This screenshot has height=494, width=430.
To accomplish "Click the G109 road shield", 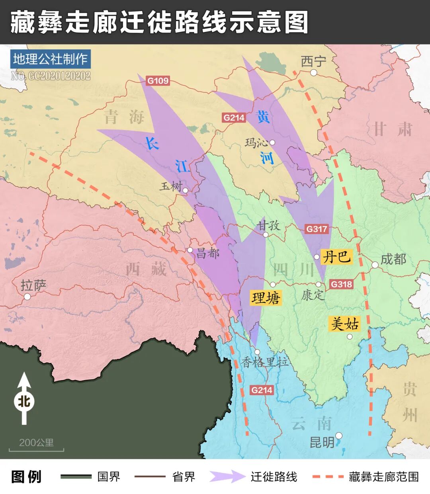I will tap(158, 81).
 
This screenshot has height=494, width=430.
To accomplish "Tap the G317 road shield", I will tap(317, 229).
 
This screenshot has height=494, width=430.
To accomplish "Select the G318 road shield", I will tap(342, 284).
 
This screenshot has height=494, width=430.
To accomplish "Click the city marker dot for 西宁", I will tap(314, 72).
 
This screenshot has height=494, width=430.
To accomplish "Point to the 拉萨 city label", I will tap(33, 285).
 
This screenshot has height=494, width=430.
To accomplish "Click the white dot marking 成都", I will tap(375, 265).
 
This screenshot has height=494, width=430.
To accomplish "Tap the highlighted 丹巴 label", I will tap(336, 257).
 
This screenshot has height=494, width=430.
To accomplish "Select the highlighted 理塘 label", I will tap(266, 298).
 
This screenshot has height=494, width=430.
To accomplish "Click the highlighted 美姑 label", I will tap(345, 324).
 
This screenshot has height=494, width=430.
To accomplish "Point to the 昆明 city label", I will tap(322, 442).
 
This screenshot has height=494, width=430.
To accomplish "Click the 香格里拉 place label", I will tap(265, 362).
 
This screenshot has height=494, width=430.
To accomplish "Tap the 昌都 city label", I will tap(208, 253).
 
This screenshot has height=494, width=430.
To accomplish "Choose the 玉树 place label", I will tap(171, 186).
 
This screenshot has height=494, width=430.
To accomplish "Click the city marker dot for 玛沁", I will tap(272, 143).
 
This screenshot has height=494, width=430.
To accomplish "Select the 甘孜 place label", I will tap(268, 225).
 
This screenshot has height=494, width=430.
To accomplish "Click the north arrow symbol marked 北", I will tap(24, 399).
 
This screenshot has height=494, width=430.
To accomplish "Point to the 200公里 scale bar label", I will tap(36, 443).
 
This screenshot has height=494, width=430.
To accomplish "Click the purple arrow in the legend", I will tap(227, 476).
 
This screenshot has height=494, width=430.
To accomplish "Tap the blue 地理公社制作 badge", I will tap(50, 59).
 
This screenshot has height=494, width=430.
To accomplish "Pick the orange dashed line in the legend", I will tap(328, 476).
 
